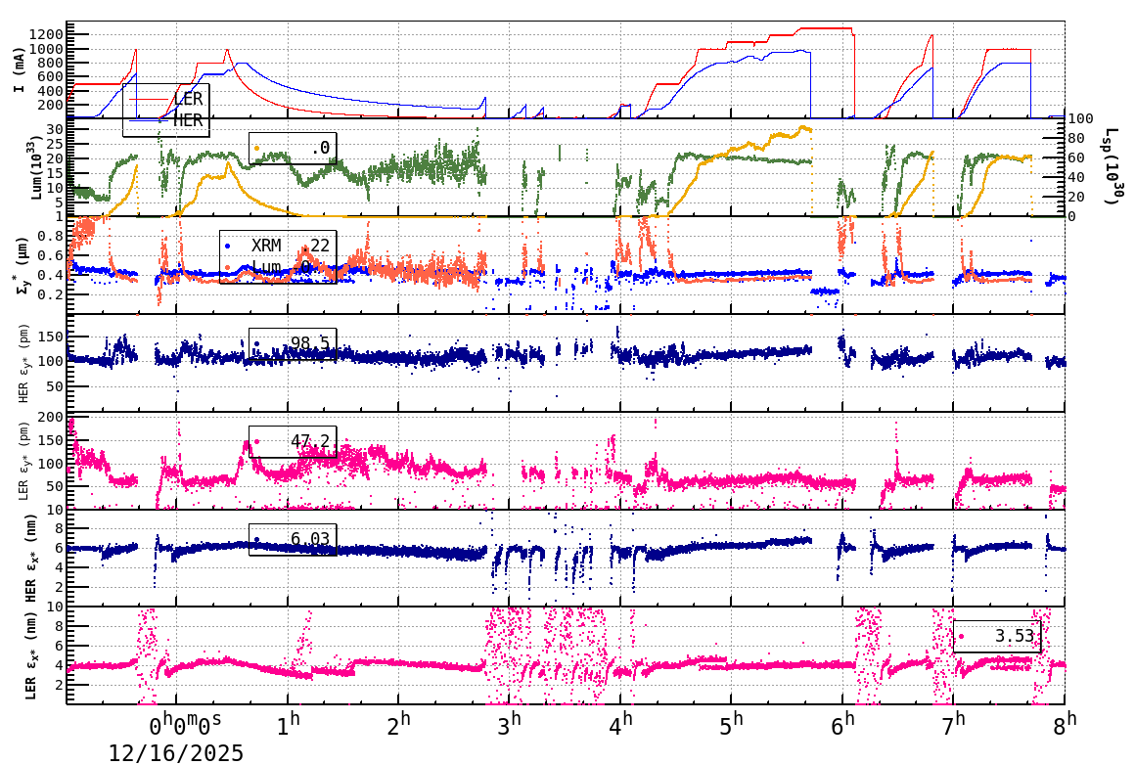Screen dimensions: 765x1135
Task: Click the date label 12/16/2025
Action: [176, 752]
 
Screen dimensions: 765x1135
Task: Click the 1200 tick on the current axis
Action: [47, 34]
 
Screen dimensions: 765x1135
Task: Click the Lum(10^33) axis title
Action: [37, 166]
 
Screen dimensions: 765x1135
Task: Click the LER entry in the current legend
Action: [188, 99]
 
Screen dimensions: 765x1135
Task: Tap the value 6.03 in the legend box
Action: [310, 539]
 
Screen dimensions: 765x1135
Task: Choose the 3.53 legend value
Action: [1015, 636]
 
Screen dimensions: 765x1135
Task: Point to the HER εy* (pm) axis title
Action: [23, 363]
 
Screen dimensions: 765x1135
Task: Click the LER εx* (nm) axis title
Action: [31, 655]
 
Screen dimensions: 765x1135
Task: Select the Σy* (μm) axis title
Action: [23, 265]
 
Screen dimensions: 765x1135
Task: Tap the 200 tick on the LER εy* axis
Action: [50, 418]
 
